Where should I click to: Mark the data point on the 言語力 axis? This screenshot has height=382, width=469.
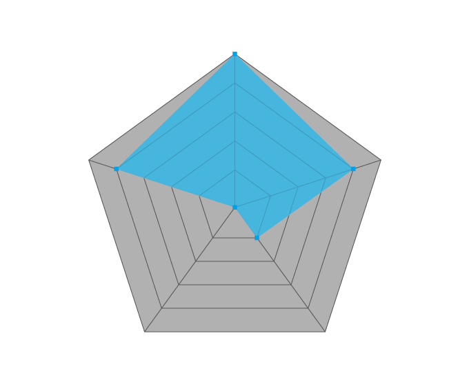pos(234,54)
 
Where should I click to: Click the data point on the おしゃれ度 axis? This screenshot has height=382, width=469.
pos(353,169)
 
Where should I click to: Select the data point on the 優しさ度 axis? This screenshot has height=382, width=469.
pos(257,239)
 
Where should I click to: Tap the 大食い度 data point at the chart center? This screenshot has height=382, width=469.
pos(234,208)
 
